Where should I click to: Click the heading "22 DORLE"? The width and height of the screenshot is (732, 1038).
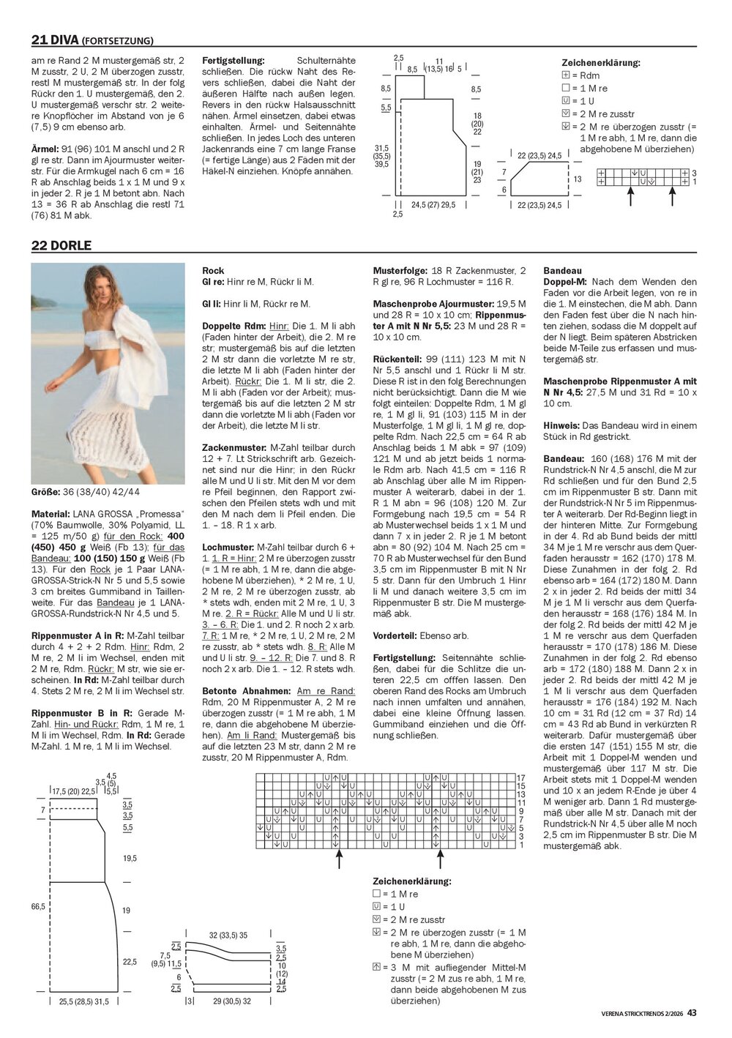click(x=61, y=245)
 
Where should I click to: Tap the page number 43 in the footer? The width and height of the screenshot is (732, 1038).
click(x=692, y=1013)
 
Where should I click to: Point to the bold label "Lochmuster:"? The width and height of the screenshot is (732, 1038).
click(x=227, y=548)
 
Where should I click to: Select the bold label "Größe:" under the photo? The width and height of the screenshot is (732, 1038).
click(x=45, y=492)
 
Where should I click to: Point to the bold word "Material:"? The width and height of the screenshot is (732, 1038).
click(x=51, y=514)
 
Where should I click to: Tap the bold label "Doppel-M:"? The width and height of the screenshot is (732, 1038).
click(x=566, y=282)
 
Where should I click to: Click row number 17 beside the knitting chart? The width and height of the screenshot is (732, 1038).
click(x=521, y=777)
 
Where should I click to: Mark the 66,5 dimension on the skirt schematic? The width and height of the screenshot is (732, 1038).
click(x=38, y=906)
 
